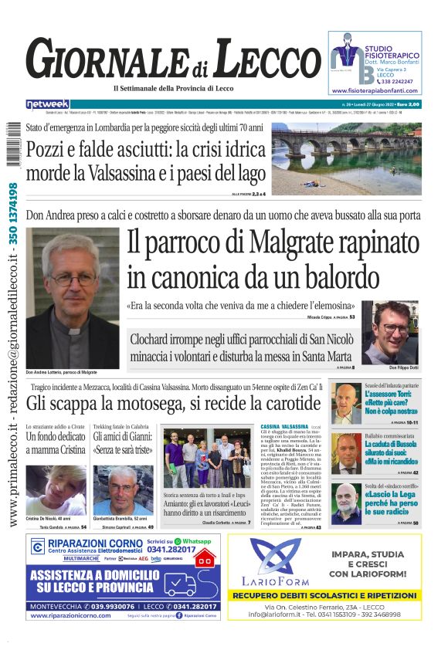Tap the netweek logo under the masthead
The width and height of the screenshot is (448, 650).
coord(47,104)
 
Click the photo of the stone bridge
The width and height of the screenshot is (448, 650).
coord(357,157)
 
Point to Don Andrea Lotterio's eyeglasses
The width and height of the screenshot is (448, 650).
coord(71,276)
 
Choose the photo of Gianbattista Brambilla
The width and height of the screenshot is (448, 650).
coord(121,489)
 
